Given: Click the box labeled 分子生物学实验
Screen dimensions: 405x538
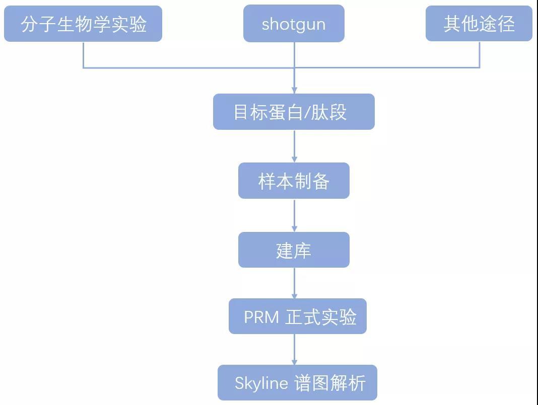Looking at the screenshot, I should (83, 24).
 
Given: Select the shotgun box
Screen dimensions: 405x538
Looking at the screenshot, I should (294, 24).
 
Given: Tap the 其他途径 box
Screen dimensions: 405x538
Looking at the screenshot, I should (479, 24).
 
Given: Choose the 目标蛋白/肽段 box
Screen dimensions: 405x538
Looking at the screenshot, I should (294, 112).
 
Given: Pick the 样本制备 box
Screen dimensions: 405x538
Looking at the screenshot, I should (294, 181).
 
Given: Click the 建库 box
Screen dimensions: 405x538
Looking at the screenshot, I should (294, 250).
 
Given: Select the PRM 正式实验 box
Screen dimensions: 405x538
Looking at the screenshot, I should (298, 316).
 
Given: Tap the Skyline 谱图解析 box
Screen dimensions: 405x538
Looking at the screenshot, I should (297, 383).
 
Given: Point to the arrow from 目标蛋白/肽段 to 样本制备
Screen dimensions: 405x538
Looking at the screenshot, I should (295, 146).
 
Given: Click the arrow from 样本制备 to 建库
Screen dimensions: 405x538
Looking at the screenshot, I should (295, 215).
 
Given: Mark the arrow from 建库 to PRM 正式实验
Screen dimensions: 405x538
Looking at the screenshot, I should (295, 283).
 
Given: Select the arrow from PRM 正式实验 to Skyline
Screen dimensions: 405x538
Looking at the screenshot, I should (295, 350).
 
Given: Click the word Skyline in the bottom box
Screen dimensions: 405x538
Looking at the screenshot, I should (261, 383).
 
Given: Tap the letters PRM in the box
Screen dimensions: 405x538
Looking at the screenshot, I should (261, 317).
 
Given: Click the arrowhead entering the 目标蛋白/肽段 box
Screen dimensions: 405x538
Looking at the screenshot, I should (295, 90).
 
